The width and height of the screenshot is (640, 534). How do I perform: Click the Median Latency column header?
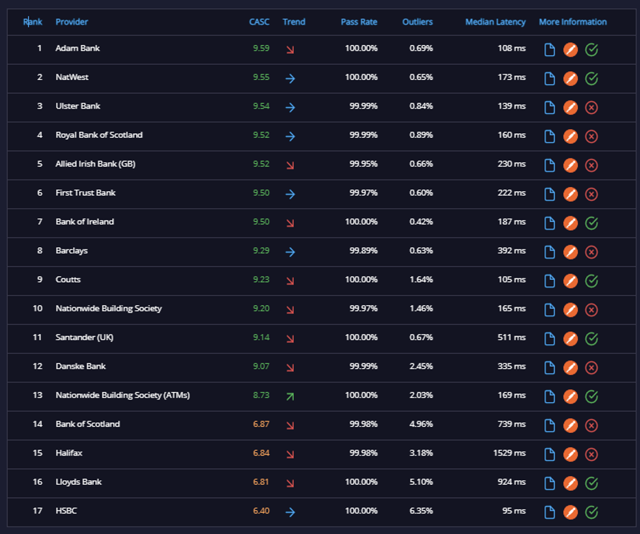click(x=495, y=22)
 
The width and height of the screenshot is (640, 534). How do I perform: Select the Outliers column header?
click(x=417, y=22)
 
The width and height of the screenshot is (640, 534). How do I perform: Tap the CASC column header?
click(x=259, y=22)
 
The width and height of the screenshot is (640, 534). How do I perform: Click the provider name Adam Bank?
click(x=77, y=48)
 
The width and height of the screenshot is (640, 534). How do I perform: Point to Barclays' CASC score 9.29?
click(x=261, y=251)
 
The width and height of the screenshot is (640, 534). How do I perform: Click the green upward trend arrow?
click(x=290, y=396)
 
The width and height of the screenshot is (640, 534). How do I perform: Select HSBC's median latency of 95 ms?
click(x=514, y=511)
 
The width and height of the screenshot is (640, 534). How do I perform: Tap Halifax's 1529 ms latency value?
click(x=509, y=453)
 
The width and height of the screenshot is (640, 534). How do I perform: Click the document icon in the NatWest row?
click(x=550, y=79)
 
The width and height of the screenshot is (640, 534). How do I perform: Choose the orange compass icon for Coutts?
click(x=571, y=281)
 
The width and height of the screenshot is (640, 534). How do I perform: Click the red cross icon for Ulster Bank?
click(x=591, y=108)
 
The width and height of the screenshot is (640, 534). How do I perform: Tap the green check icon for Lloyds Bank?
click(x=591, y=483)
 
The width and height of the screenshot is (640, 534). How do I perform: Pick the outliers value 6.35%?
click(x=421, y=511)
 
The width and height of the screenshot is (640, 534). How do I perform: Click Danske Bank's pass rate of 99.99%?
click(x=363, y=366)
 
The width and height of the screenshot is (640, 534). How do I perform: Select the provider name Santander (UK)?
click(x=85, y=337)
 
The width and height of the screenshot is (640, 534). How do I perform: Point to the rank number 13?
click(x=38, y=395)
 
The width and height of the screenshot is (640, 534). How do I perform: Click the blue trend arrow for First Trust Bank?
click(x=290, y=194)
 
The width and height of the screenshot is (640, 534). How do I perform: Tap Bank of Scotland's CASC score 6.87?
click(x=261, y=424)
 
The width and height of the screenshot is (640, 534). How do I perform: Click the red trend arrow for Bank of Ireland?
click(x=290, y=223)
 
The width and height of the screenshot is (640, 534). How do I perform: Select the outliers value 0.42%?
click(x=421, y=222)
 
